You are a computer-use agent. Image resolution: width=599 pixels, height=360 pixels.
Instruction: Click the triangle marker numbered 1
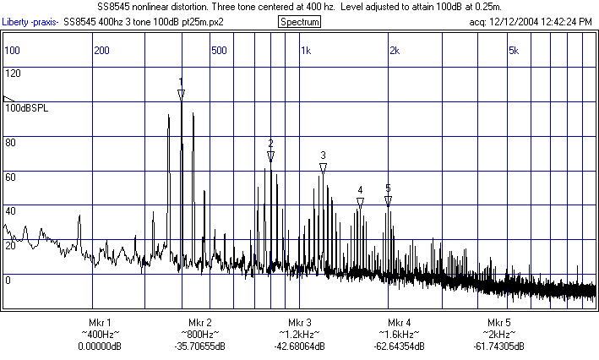(x=181, y=94)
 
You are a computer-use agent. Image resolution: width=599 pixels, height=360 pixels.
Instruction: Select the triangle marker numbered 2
(x=270, y=156)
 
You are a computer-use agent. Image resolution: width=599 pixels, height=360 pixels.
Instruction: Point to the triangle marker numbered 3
(x=323, y=168)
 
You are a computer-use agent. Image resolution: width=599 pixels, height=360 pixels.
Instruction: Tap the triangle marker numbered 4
(x=360, y=203)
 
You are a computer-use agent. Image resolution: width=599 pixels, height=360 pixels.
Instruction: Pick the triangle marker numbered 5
(x=388, y=201)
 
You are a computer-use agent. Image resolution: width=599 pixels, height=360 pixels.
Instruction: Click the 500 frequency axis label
(x=219, y=51)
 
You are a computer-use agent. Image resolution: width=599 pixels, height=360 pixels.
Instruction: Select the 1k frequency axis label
(x=306, y=51)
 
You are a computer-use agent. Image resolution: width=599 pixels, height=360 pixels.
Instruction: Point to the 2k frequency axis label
(x=394, y=51)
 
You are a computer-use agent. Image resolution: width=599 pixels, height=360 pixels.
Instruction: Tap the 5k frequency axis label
(x=513, y=51)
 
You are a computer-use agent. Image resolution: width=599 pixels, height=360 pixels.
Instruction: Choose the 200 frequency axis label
(x=101, y=51)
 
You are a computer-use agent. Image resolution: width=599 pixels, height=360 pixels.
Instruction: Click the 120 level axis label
(x=13, y=74)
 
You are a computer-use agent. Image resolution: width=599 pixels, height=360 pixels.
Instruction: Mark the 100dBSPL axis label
(x=27, y=108)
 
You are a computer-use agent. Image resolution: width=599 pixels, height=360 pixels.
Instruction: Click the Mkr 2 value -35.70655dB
(x=200, y=346)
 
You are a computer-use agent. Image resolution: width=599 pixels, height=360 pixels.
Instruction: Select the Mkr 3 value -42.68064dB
(x=300, y=346)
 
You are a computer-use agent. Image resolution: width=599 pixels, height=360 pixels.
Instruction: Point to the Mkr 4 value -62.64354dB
(x=400, y=346)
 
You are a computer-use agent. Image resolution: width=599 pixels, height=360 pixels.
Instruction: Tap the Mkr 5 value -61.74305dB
(x=499, y=346)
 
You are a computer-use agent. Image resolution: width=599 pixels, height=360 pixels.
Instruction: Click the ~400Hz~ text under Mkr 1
(x=101, y=335)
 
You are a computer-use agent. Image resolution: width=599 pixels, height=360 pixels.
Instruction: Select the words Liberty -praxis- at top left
(x=30, y=20)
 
